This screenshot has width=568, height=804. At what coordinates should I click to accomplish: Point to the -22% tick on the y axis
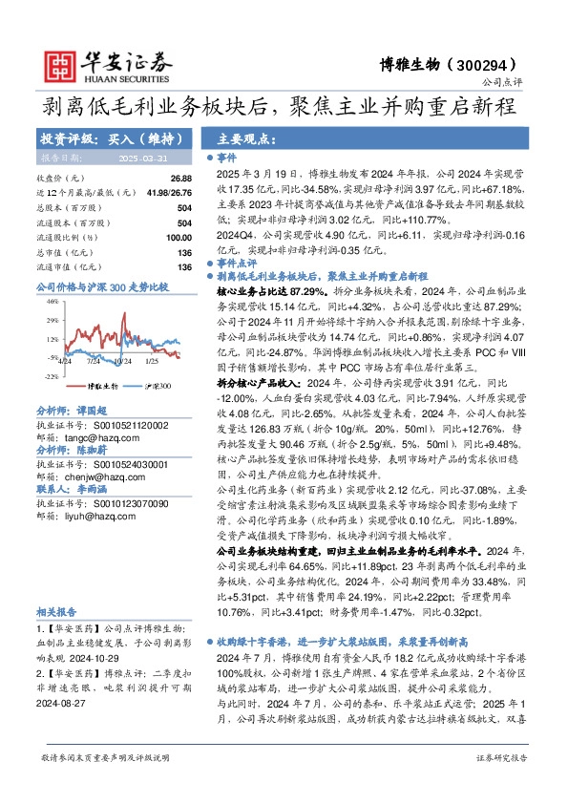coord(48,376)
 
